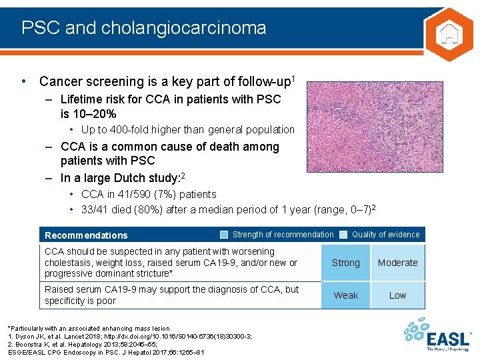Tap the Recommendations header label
[86, 235]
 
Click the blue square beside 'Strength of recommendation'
[225, 234]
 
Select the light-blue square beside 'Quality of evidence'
[343, 234]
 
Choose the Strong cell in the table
[345, 263]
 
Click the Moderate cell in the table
[397, 263]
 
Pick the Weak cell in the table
[345, 295]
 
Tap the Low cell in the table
[397, 295]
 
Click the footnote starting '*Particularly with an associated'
[88, 329]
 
